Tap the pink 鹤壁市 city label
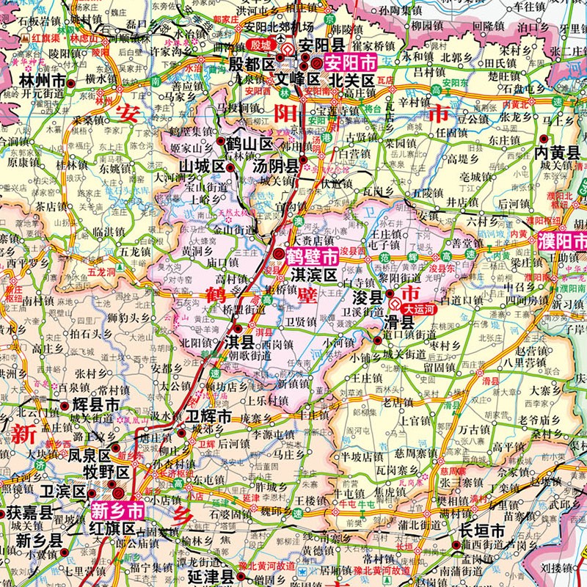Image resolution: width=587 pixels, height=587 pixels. [311, 257]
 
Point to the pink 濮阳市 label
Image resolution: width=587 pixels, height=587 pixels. [563, 241]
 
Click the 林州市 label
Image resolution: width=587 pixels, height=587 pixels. [43, 80]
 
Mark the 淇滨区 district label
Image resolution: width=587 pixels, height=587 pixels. [313, 275]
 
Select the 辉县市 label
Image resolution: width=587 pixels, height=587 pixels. [96, 404]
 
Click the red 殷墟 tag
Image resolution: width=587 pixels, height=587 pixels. [260, 45]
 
